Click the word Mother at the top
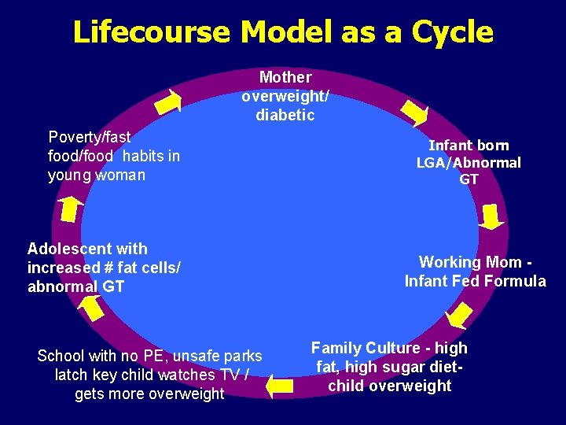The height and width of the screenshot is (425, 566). [285, 77]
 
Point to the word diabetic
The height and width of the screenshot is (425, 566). [285, 115]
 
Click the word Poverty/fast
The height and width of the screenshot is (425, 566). [89, 137]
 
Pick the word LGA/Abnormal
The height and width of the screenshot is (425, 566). [469, 163]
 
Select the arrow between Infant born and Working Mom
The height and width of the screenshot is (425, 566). [492, 216]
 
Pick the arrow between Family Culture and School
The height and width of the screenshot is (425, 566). [279, 386]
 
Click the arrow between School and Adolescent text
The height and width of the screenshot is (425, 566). [92, 308]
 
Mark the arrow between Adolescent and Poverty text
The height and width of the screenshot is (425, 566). [71, 208]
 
